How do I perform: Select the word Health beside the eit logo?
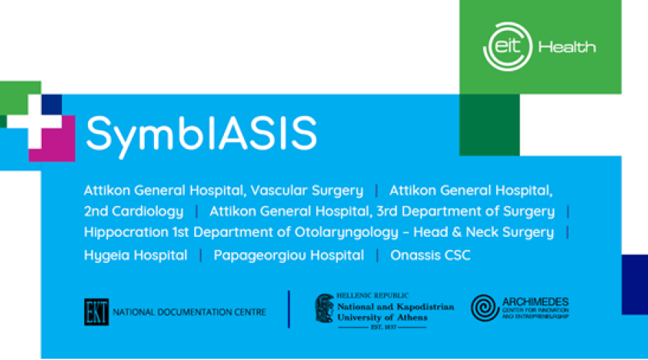(567, 47)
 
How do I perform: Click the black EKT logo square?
(96, 312)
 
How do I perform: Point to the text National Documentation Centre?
(189, 312)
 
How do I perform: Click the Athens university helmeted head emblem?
(325, 308)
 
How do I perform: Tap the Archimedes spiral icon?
(485, 308)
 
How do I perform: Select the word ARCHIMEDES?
(536, 302)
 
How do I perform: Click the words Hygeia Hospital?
(135, 256)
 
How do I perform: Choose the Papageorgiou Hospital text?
(289, 256)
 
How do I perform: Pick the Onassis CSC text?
(431, 255)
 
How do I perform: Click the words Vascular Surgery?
(307, 190)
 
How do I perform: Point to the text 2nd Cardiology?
(133, 211)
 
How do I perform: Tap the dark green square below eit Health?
(490, 125)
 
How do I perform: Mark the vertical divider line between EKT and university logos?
(289, 309)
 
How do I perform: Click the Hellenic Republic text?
(372, 295)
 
